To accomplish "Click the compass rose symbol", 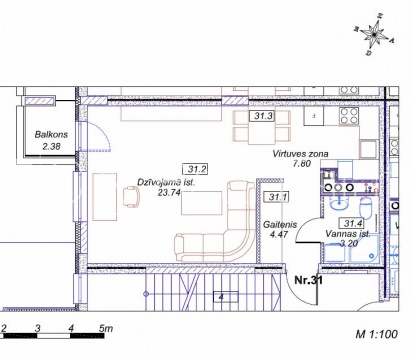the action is (374, 34).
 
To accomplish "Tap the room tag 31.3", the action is (263, 116).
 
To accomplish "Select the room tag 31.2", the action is (196, 169).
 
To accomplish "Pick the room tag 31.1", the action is (277, 197).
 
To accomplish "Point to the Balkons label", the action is (51, 134).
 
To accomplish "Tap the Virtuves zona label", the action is (300, 154).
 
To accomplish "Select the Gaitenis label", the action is (279, 224).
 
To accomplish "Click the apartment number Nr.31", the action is (308, 280).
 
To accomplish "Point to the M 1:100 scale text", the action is (377, 334).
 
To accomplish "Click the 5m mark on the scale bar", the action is (106, 328).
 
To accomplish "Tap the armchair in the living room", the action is (131, 196).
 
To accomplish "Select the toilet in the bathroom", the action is (366, 207).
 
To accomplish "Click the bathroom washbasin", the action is (339, 203).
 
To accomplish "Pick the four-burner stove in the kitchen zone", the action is (349, 116).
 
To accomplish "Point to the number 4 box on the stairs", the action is (225, 297).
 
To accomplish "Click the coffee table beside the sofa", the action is (202, 203).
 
